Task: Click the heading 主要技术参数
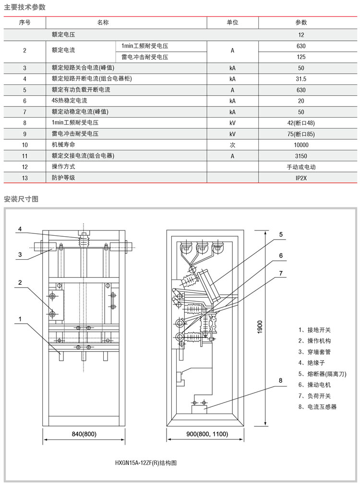point(25,7)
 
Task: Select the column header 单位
point(232,23)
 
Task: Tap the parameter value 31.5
point(301,79)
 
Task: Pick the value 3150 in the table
point(301,156)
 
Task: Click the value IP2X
point(301,178)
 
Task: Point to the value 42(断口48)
point(301,123)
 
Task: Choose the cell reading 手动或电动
point(301,167)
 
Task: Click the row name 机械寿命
point(63,145)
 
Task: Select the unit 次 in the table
point(232,145)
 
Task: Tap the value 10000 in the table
point(301,145)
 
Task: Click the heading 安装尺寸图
point(21,198)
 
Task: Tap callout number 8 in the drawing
point(281,381)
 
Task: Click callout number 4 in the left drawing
point(20,229)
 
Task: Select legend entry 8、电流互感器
point(317,407)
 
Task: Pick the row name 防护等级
point(63,178)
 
